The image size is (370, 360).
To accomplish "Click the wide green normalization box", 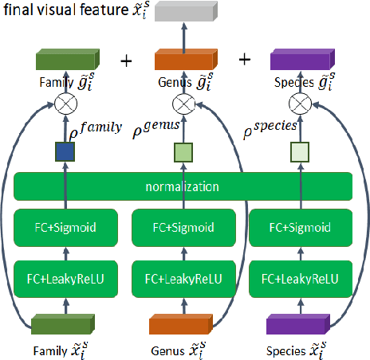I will (x=183, y=187).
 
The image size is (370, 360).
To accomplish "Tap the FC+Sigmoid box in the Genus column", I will (x=184, y=226).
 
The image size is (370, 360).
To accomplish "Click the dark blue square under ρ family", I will (x=65, y=151).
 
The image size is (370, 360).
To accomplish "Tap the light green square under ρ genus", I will (x=184, y=151).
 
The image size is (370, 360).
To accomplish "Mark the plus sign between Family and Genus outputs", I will (x=125, y=60).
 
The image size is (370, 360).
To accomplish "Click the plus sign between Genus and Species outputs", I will (x=245, y=60).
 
